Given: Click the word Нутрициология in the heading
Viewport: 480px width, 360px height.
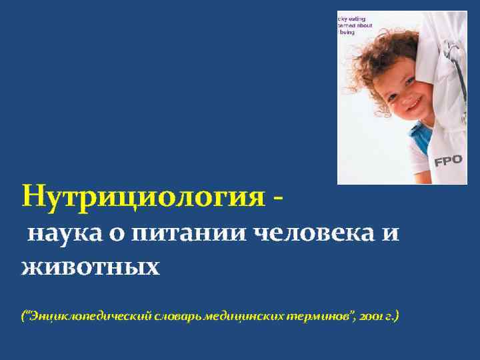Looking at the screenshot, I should pyautogui.click(x=142, y=197).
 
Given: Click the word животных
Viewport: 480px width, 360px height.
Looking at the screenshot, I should pyautogui.click(x=91, y=268).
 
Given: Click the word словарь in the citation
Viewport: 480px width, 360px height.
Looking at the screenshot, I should pyautogui.click(x=179, y=315).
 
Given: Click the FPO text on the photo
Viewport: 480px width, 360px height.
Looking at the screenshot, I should pyautogui.click(x=448, y=159).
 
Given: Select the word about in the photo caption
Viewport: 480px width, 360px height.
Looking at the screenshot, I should pyautogui.click(x=365, y=25).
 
